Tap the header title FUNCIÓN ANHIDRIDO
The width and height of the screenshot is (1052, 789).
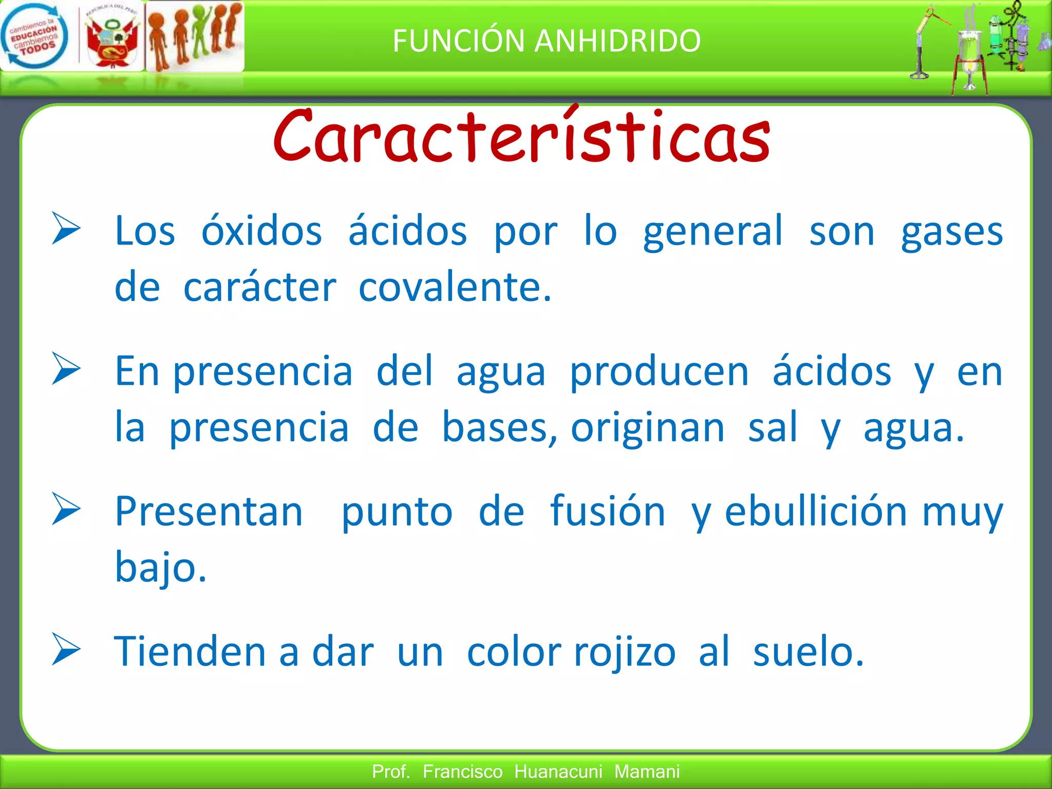coord(547,41)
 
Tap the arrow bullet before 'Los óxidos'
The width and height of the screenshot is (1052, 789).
coord(66,229)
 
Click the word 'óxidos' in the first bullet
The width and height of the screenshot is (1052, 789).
coord(261,231)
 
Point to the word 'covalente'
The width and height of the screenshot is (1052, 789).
coord(454,287)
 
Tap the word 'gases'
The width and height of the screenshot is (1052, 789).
coord(952,232)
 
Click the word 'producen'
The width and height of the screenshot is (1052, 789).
coord(659,372)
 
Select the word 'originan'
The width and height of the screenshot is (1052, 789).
coord(647,428)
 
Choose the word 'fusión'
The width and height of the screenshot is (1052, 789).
coord(607,512)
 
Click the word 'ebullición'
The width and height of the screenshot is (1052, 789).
coord(816,512)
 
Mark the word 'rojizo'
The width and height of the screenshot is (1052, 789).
coord(624,653)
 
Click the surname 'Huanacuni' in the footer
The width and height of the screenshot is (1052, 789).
coord(558,772)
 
